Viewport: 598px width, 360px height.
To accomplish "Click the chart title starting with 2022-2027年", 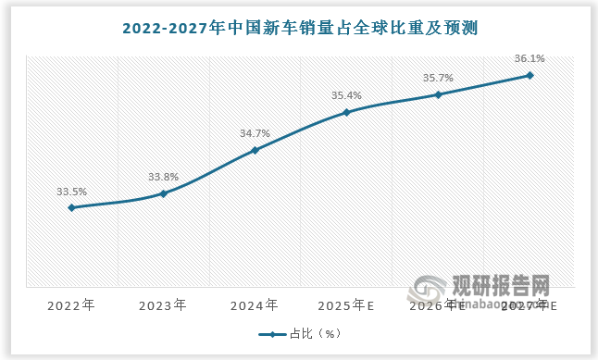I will point(299,27).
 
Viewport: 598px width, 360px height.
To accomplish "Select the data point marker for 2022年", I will point(71,207).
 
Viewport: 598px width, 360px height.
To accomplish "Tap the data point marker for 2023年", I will point(163,193).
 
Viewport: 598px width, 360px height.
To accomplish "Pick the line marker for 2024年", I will point(255,150).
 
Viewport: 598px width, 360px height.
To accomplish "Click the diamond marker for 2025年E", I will point(346,113).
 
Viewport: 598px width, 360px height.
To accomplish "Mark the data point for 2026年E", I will point(438,94).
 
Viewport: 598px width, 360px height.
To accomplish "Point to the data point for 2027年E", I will point(529,75).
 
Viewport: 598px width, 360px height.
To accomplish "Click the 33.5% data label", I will point(71,192).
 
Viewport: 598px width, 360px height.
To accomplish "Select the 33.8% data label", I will point(163,177).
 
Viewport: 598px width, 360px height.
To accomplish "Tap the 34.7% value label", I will point(255,133).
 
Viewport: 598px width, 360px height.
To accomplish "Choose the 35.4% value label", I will point(346,95).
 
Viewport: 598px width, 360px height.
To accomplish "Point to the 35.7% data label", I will point(438,78).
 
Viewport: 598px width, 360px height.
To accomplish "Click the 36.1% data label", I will point(529,58).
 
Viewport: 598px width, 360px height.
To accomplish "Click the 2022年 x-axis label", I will point(71,304).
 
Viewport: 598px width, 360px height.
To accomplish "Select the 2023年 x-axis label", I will point(163,304).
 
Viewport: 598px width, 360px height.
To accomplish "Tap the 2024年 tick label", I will point(255,304).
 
